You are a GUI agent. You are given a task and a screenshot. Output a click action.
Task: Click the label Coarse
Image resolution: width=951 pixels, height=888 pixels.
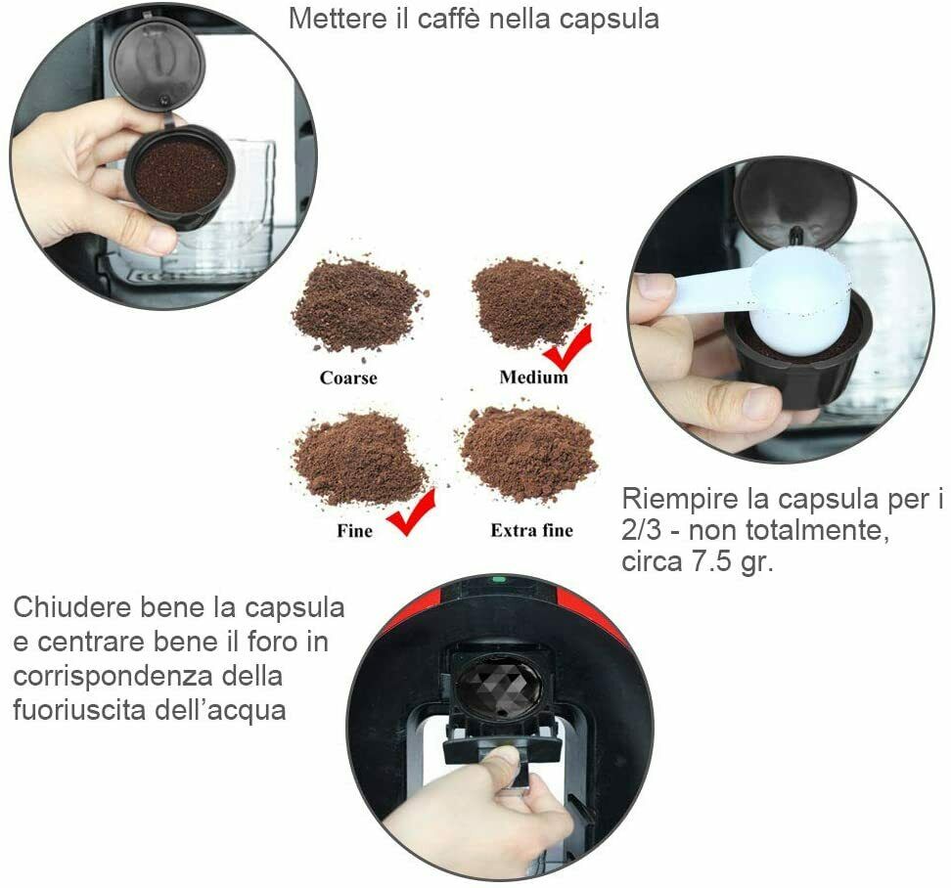coord(348,377)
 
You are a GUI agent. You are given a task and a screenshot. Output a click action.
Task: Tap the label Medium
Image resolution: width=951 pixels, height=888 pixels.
coord(534,377)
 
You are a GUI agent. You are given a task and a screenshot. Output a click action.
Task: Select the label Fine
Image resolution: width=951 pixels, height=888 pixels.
coord(354,531)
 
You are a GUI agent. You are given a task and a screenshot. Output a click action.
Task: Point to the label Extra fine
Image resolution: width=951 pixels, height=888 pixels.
coord(532,530)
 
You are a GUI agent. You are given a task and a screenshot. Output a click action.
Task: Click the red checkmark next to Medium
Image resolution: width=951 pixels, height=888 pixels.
coord(568,348)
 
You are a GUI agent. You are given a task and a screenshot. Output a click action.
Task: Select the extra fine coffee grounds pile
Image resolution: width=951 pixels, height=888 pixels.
coord(529,452)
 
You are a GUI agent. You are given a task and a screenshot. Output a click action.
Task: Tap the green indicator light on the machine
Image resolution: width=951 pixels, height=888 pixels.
coord(499,580)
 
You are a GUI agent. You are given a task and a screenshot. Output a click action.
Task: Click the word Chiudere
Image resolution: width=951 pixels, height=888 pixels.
coord(72,607)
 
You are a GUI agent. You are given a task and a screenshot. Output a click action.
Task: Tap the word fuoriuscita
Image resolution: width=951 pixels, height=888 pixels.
coord(79,709)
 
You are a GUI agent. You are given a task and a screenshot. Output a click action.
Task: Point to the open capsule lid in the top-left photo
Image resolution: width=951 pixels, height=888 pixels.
coord(158,64)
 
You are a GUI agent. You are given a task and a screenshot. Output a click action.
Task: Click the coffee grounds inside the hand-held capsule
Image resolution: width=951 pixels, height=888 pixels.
coord(181,176)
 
